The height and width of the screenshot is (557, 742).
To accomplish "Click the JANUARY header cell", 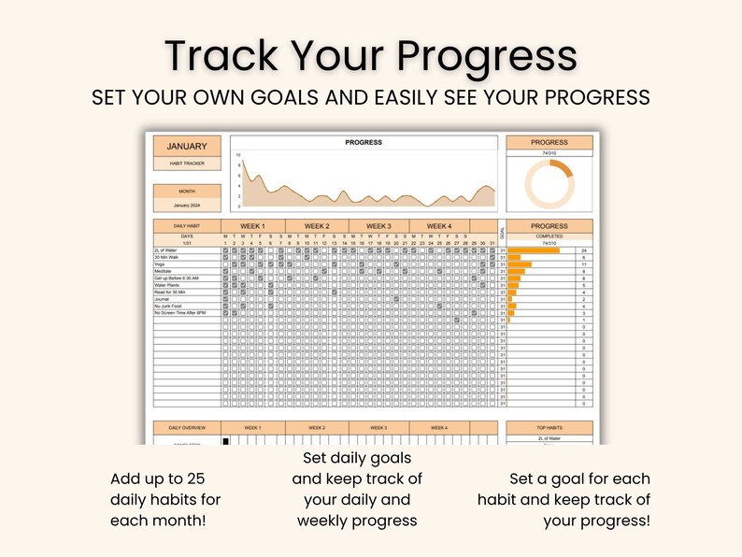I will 187,146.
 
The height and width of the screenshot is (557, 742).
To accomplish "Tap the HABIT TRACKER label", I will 187,164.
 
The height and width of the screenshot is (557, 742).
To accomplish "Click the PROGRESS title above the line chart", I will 364,143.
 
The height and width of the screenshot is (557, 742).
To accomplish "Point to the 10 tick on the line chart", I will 238,155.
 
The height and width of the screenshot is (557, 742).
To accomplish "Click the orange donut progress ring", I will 549,183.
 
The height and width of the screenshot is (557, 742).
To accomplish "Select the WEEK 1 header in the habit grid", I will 253,226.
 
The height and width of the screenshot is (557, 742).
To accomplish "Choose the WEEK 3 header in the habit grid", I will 378,226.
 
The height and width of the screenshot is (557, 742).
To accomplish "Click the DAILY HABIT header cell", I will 187,226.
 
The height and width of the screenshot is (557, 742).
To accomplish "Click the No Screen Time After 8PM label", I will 178,313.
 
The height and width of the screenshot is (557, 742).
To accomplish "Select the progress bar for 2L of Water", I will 534,250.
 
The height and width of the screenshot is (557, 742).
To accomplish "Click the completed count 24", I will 583,250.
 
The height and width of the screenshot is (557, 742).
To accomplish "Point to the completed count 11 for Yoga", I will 583,264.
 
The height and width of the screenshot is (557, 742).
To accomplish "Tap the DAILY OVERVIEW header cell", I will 187,427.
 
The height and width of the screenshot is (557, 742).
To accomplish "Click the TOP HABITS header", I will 549,427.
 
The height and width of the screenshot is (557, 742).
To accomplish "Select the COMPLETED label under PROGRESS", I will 549,236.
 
